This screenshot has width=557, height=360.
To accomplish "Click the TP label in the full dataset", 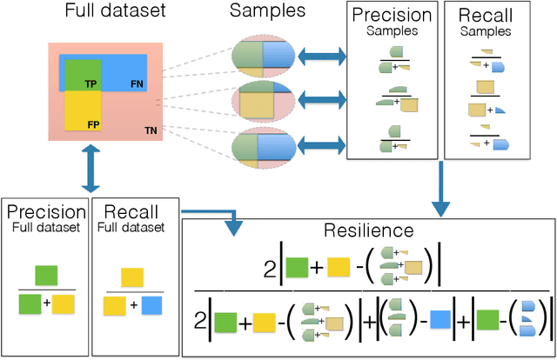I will click(91, 84).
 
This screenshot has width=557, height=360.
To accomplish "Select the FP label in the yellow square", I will click(91, 124).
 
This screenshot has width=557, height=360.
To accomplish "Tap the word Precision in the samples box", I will click(391, 17).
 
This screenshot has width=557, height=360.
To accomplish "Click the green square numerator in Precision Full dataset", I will click(47, 274).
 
